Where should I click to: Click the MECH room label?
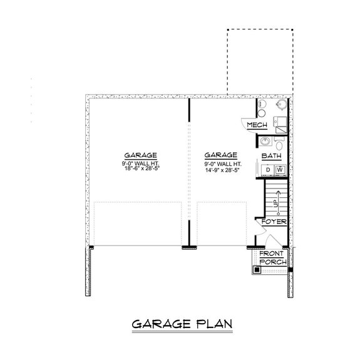tap(257, 126)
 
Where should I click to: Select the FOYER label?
tap(274, 222)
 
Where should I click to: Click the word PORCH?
tap(274, 261)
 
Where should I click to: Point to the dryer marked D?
tap(269, 170)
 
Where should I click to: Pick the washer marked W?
tap(280, 170)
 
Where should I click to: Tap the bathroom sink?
tap(265, 141)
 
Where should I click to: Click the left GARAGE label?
tap(140, 155)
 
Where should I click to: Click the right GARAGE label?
tap(220, 155)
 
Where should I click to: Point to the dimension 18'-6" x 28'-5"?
tap(140, 168)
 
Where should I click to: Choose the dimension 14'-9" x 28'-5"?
tap(220, 168)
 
